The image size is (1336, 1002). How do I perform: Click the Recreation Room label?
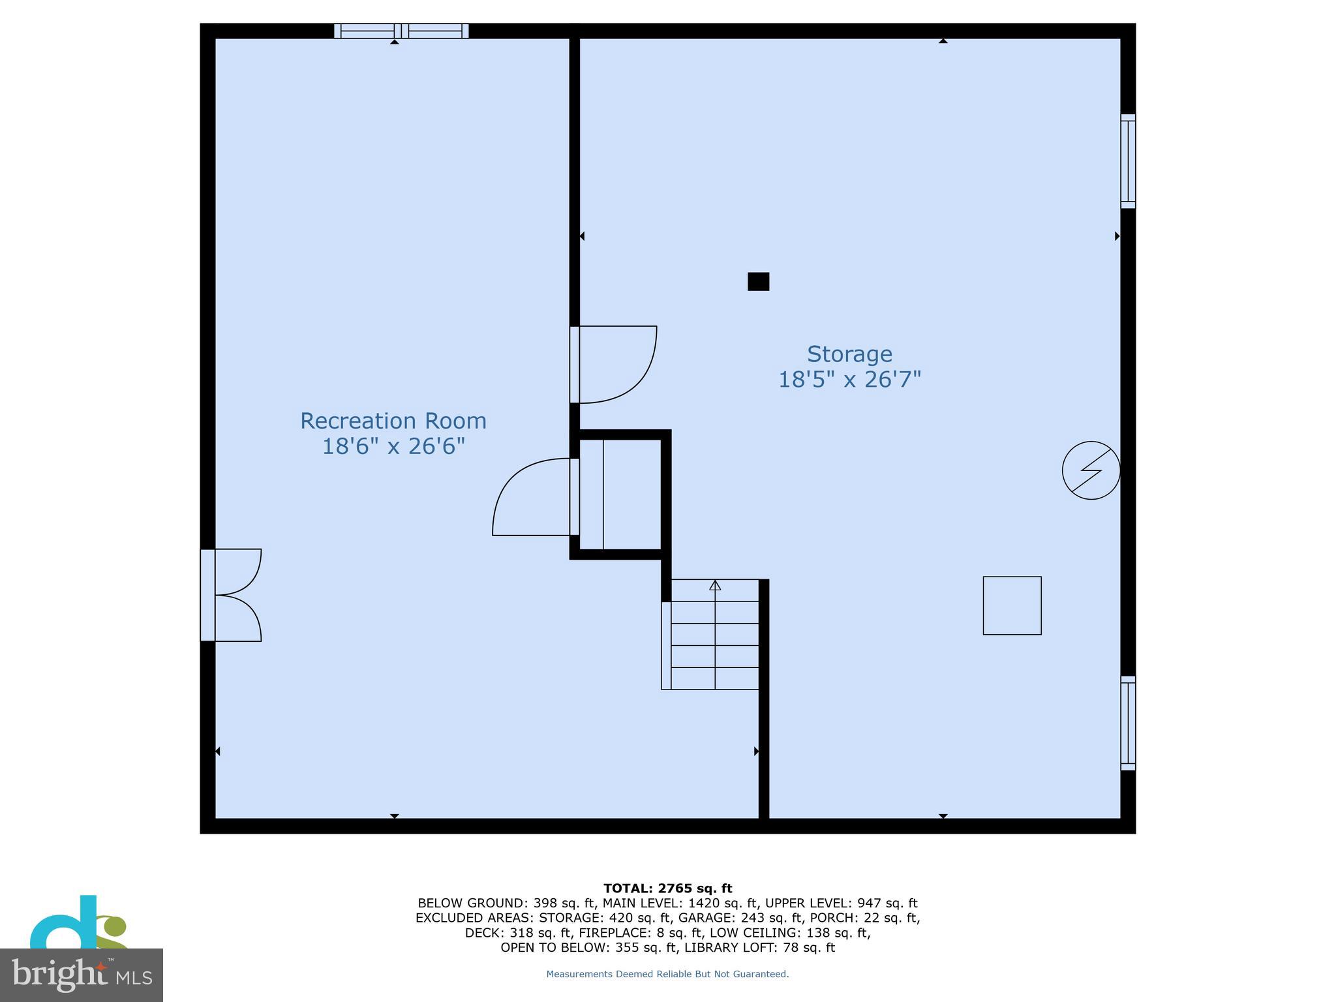pyautogui.click(x=393, y=421)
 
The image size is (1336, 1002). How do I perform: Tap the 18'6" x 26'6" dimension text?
pyautogui.click(x=393, y=446)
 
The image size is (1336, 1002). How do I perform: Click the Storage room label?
pyautogui.click(x=849, y=354)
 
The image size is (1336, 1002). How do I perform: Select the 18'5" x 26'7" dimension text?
pyautogui.click(x=849, y=379)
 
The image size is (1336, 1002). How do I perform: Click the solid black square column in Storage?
pyautogui.click(x=758, y=281)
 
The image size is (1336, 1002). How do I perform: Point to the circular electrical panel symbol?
pyautogui.click(x=1091, y=470)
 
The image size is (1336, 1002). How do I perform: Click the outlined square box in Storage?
pyautogui.click(x=1012, y=605)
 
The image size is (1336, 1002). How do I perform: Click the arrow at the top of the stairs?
pyautogui.click(x=715, y=585)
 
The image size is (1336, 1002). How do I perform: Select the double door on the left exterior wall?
pyautogui.click(x=232, y=595)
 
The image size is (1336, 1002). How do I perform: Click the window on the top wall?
pyautogui.click(x=401, y=31)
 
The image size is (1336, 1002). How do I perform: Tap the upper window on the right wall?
pyautogui.click(x=1128, y=161)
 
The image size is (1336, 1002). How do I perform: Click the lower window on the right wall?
pyautogui.click(x=1128, y=723)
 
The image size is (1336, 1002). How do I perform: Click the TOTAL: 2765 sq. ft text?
pyautogui.click(x=667, y=888)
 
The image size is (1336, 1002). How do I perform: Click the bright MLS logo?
pyautogui.click(x=81, y=975)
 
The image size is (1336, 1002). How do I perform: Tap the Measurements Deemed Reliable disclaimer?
pyautogui.click(x=667, y=974)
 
